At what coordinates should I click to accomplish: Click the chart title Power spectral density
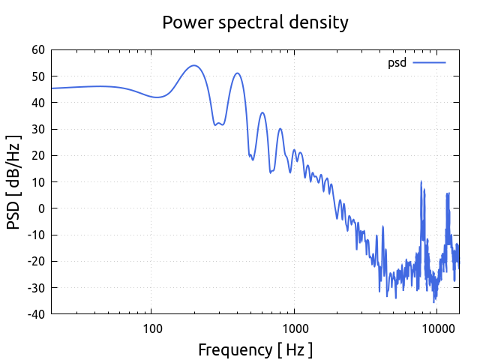click(255, 22)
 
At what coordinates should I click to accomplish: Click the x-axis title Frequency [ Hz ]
click(255, 349)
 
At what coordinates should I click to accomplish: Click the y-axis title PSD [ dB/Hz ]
click(13, 182)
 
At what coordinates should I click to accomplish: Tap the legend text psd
click(397, 63)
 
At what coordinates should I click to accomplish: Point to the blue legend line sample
click(430, 63)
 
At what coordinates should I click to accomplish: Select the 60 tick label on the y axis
click(37, 50)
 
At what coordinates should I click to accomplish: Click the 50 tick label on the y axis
click(37, 76)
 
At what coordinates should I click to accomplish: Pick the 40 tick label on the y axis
click(37, 103)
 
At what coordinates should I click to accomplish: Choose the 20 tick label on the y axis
click(37, 155)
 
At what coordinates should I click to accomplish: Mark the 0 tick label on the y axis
click(41, 208)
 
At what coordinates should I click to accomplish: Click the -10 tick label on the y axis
click(35, 235)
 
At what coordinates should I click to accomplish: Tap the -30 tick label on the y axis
click(35, 287)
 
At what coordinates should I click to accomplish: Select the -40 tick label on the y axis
click(35, 313)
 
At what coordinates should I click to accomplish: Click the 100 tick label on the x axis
click(152, 328)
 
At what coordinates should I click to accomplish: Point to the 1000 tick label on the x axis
click(295, 328)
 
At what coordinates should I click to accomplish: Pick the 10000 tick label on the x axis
click(437, 328)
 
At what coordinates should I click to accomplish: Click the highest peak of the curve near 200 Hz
click(193, 65)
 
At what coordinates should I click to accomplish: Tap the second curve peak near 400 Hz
click(237, 73)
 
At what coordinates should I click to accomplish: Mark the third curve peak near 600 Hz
click(262, 112)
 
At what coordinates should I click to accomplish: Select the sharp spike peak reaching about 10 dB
click(421, 181)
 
